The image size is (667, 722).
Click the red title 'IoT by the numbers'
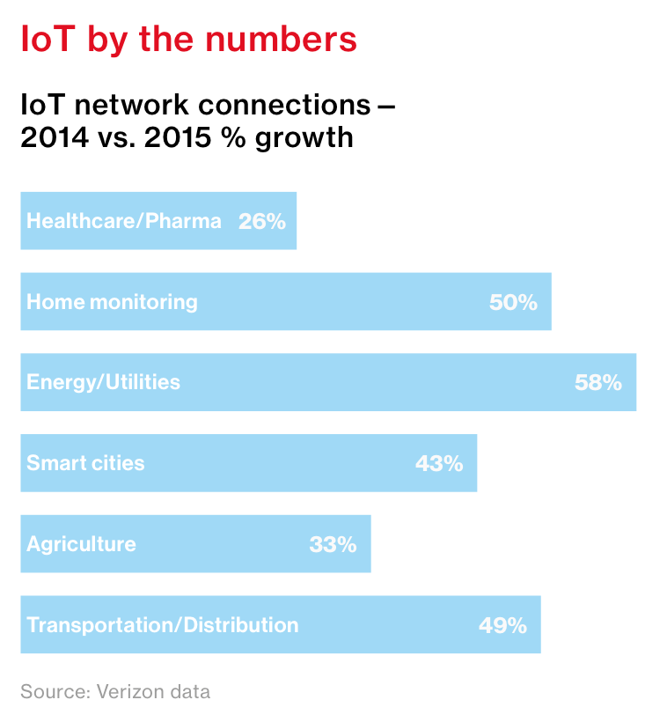(x=188, y=40)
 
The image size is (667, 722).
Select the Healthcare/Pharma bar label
(x=124, y=221)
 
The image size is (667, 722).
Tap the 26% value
(x=262, y=221)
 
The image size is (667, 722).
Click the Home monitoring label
(x=112, y=302)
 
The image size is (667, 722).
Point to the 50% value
(x=513, y=302)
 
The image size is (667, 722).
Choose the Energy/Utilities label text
(x=103, y=382)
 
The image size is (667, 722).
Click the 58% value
(x=598, y=382)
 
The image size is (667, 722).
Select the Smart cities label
(x=85, y=463)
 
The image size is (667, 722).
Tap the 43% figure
(x=439, y=463)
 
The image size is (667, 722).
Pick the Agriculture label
(x=81, y=544)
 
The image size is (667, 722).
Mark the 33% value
(x=333, y=544)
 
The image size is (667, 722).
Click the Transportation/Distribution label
(x=163, y=625)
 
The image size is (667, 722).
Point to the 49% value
(x=502, y=625)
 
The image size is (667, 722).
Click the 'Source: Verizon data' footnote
(x=115, y=691)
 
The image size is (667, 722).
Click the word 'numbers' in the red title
(x=291, y=40)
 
